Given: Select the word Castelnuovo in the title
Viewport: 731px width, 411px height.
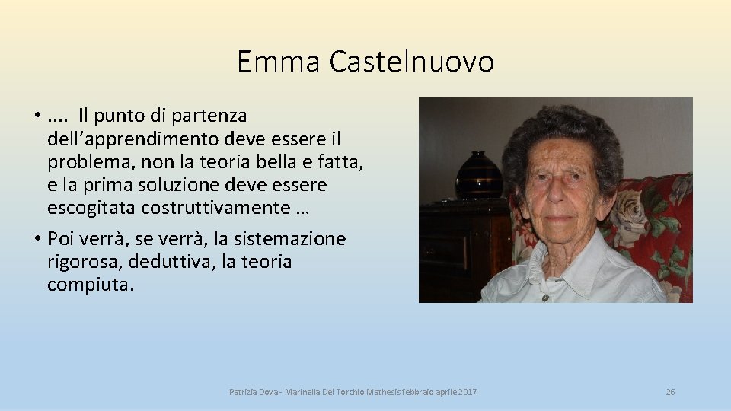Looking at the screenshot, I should (x=411, y=62).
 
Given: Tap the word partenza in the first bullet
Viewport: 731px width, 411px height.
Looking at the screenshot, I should (x=211, y=116).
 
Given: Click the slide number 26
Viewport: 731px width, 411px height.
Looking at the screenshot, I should (x=670, y=392).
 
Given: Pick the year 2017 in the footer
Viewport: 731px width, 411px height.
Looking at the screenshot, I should (x=468, y=392).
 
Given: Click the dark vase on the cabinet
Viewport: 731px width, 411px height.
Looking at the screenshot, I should (x=479, y=174).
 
